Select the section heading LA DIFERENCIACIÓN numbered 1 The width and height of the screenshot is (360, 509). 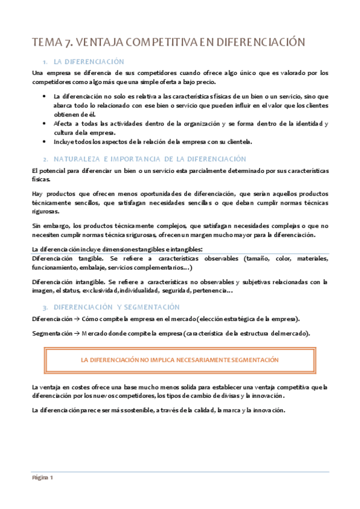coord(89,62)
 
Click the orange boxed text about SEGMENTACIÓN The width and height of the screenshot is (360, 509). coord(179,360)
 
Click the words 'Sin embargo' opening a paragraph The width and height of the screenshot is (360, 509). coord(50,226)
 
